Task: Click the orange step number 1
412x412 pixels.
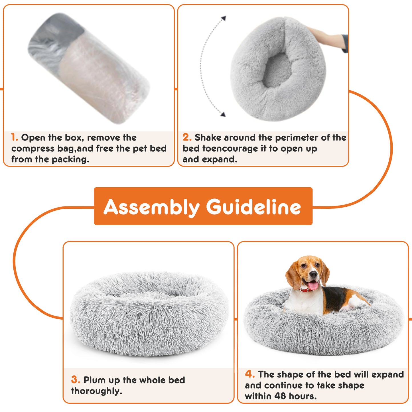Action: [14, 137]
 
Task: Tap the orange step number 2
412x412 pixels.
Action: [187, 137]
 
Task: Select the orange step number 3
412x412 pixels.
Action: [76, 380]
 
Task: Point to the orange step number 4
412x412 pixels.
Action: [249, 374]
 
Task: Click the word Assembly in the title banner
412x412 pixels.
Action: [151, 207]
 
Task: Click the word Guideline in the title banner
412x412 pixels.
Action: [253, 207]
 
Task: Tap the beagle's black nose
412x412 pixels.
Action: [313, 275]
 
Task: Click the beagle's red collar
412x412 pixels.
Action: [306, 290]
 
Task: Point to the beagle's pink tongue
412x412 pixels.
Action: [313, 285]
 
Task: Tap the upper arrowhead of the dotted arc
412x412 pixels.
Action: [224, 18]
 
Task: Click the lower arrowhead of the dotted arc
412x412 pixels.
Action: [223, 114]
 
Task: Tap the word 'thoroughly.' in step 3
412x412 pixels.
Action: [97, 391]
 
